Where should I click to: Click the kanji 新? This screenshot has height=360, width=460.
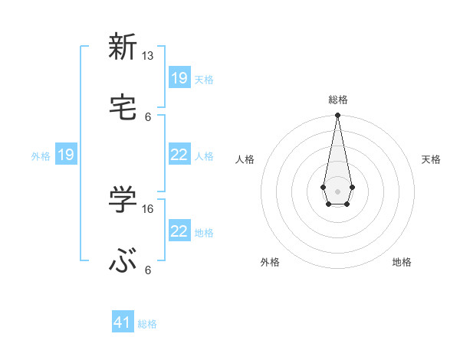123,47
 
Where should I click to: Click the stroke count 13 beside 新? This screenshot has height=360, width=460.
148,56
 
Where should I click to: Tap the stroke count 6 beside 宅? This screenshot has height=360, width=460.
148,116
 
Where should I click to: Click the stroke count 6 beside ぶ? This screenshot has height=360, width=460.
148,270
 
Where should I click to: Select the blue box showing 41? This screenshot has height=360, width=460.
123,322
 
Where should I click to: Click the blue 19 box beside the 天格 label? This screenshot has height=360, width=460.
179,77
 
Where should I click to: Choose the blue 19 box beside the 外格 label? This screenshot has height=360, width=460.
66,155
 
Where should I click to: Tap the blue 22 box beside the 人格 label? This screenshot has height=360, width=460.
179,155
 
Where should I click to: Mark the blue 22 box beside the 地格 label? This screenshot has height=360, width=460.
179,231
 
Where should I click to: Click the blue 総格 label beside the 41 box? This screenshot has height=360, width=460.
147,324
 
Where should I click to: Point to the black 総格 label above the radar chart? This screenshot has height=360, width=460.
337,100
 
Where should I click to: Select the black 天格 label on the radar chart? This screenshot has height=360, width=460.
431,159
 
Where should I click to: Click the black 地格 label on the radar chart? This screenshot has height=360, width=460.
402,262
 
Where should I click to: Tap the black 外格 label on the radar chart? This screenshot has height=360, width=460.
270,262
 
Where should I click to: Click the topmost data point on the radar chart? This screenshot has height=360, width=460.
337,115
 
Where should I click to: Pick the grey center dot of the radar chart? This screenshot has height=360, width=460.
337,190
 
